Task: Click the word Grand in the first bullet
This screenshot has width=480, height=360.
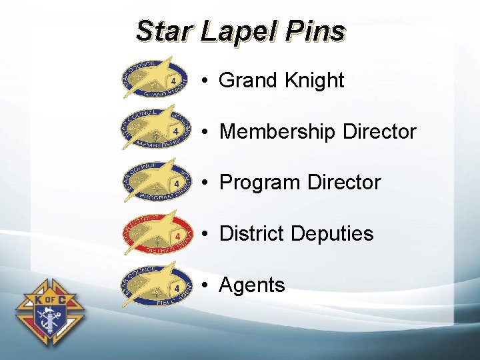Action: tap(248, 81)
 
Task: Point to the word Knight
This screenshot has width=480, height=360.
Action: tap(314, 81)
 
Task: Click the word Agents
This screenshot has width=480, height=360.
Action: tap(251, 285)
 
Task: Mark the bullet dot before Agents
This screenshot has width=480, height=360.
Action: tap(208, 286)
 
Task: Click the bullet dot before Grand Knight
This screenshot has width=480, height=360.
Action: tap(208, 81)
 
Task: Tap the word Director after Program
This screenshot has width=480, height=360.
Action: tap(344, 183)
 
